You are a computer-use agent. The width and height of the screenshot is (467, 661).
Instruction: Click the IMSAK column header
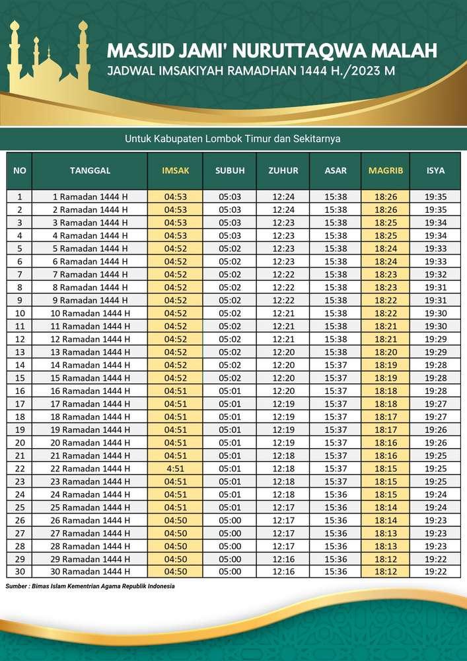pos(175,171)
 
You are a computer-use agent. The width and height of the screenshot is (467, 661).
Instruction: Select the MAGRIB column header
pos(385,171)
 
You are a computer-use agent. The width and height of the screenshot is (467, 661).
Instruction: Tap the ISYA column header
pos(435,171)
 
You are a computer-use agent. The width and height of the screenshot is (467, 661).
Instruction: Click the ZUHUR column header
pos(283,171)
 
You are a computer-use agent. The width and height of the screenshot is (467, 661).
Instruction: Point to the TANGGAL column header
pos(90,171)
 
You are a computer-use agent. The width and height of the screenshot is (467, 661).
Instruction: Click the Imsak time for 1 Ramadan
pos(175,196)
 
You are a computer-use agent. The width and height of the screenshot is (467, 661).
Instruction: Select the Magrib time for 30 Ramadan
pos(385,572)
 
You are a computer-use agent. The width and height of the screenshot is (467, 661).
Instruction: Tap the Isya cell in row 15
pos(435,377)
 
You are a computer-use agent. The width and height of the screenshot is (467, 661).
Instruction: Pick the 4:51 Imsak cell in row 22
pos(175,468)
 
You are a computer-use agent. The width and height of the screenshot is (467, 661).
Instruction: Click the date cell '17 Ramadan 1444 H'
pos(90,403)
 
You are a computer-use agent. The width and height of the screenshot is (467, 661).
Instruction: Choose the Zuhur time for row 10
pos(283,313)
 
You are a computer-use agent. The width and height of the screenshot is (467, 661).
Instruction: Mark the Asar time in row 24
pos(336,494)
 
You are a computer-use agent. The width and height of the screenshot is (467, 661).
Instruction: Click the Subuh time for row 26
pos(230,520)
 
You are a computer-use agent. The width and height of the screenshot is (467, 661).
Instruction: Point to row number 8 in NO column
pos(20,287)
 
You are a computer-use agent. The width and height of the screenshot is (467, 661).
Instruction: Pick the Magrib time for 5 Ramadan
pos(385,249)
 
